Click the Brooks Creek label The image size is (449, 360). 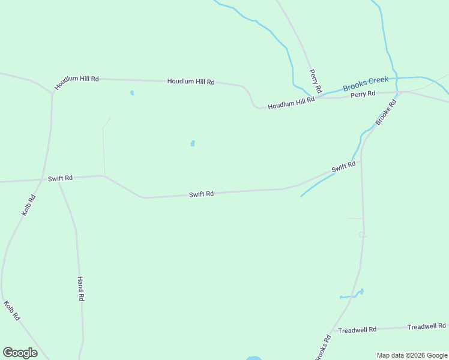coord(366,83)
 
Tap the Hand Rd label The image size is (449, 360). coord(80,289)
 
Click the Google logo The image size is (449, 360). coord(20,353)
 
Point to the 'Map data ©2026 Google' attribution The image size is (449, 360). coord(412,355)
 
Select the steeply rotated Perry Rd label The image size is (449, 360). coord(316,81)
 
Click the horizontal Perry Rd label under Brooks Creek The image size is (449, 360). coord(363,94)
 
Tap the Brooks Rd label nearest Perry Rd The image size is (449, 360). coord(386,112)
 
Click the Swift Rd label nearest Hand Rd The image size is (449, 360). coord(60,178)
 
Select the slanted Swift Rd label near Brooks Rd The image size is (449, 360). coord(343,167)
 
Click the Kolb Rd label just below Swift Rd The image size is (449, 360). coord(29,205)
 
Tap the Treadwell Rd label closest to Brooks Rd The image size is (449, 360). coord(357,330)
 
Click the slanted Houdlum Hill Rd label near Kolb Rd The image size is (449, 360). coord(76,82)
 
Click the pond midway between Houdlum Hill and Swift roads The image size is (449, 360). coord(193,144)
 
